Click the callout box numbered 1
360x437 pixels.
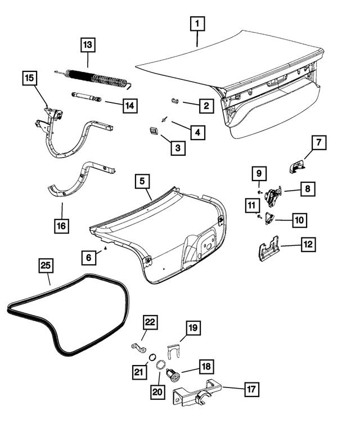[197, 25]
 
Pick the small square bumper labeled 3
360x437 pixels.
[154, 131]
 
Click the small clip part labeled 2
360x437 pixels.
[174, 101]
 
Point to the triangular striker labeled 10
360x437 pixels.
[269, 219]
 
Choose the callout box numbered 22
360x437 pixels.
[150, 322]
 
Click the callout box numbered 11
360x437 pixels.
[251, 205]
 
